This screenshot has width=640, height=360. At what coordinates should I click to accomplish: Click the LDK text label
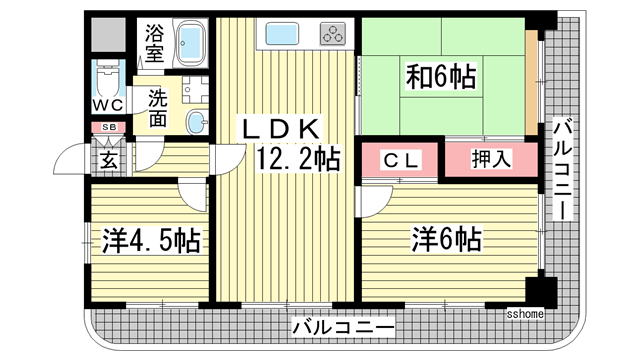(279, 128)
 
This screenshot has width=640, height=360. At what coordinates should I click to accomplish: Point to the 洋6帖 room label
(449, 239)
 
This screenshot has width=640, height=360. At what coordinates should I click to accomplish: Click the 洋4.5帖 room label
(151, 240)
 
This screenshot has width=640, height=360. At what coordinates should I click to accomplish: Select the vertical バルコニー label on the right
(562, 170)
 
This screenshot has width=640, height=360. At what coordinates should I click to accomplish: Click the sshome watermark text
(524, 313)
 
